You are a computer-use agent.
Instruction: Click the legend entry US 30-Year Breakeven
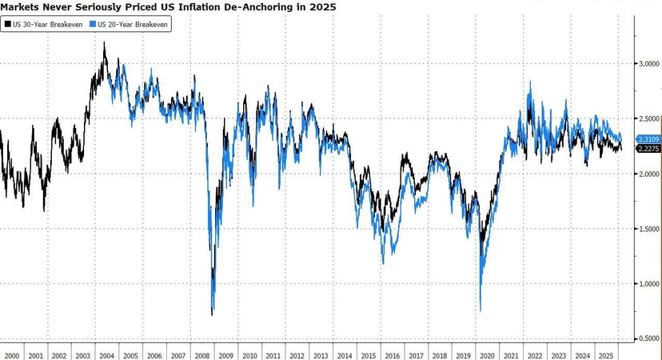click(x=47, y=24)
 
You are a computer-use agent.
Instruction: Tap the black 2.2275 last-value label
click(x=648, y=148)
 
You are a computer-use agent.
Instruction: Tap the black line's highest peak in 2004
click(x=105, y=43)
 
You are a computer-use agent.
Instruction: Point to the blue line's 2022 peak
click(x=530, y=82)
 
